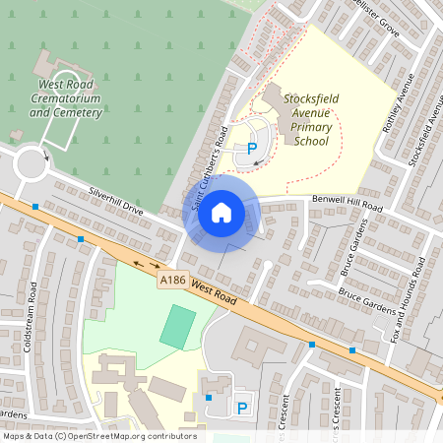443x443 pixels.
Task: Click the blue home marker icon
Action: [x=221, y=212]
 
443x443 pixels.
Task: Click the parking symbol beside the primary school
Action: [x=252, y=149]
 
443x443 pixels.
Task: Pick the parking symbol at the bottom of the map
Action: [x=242, y=408]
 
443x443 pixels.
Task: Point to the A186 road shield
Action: [x=171, y=282]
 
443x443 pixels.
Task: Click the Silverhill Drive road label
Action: [x=116, y=200]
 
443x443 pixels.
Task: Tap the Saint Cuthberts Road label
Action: [x=210, y=167]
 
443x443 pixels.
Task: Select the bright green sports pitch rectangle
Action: [x=178, y=326]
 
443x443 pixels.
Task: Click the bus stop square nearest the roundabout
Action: [x=35, y=207]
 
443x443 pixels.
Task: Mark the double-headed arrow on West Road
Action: [x=145, y=264]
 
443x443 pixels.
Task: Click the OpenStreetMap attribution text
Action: [x=99, y=436]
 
